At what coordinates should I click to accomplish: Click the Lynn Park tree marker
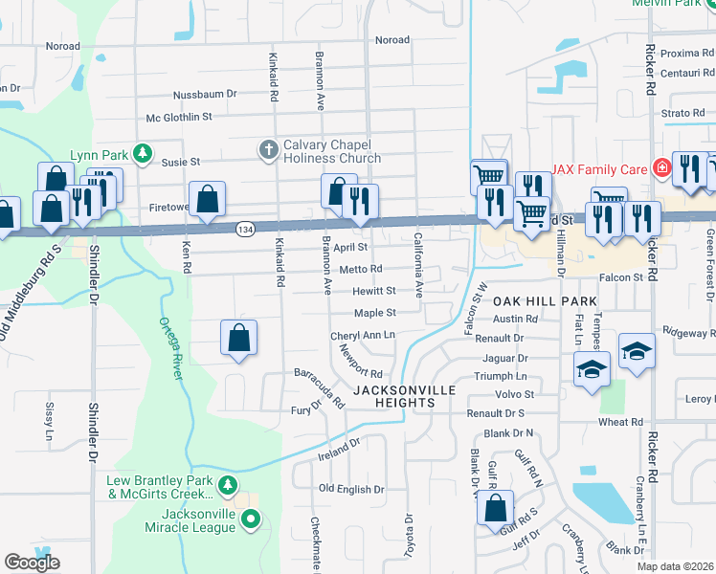pyautogui.click(x=143, y=153)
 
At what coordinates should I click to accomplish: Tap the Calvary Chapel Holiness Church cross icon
pyautogui.click(x=268, y=149)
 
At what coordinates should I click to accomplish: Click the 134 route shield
pyautogui.click(x=244, y=229)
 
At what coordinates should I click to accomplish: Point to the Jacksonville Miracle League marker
pyautogui.click(x=251, y=519)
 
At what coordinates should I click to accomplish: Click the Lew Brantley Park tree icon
pyautogui.click(x=227, y=486)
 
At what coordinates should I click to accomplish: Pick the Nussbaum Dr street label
pyautogui.click(x=204, y=96)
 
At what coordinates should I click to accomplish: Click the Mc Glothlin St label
pyautogui.click(x=178, y=117)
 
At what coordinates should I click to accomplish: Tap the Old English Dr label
pyautogui.click(x=351, y=489)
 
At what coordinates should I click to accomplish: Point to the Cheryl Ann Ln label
pyautogui.click(x=363, y=336)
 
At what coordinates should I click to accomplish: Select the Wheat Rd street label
pyautogui.click(x=620, y=422)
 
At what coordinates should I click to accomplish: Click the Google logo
pyautogui.click(x=33, y=563)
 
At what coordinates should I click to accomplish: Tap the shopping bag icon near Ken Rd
pyautogui.click(x=207, y=200)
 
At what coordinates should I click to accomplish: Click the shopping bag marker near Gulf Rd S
pyautogui.click(x=495, y=509)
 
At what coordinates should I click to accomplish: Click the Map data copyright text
pyautogui.click(x=675, y=566)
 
